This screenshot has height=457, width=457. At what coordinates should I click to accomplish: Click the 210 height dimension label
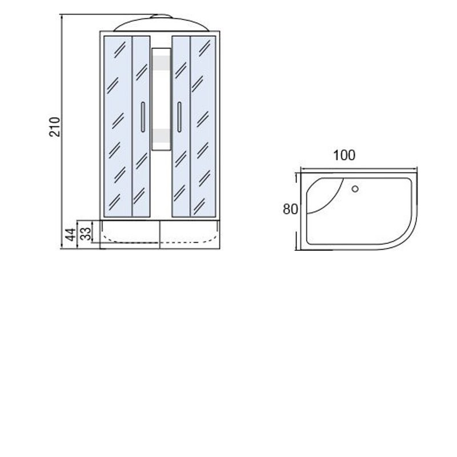point(54,127)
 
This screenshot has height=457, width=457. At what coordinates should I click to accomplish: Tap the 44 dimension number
point(70,235)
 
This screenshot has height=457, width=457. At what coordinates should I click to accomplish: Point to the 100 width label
point(344,155)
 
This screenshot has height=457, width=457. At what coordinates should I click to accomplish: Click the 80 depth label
point(290,209)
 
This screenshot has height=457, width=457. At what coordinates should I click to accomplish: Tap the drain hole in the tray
point(355,189)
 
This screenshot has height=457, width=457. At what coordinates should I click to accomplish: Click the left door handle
point(143,117)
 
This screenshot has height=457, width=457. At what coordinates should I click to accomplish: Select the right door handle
point(179,117)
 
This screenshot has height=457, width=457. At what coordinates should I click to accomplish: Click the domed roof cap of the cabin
point(161,23)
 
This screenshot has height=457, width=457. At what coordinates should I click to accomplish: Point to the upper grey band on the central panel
point(161,63)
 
